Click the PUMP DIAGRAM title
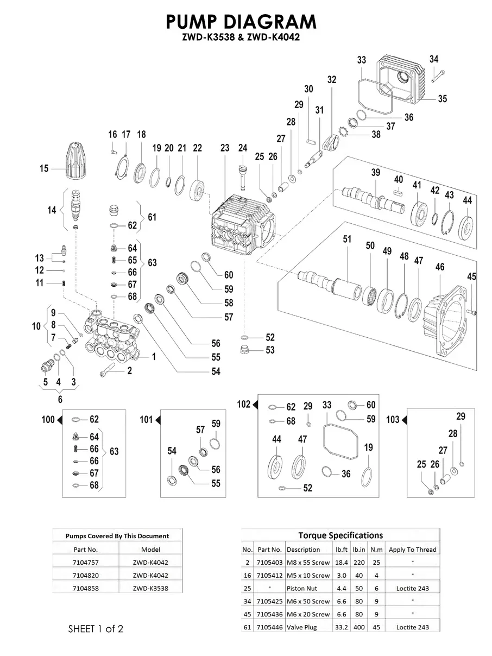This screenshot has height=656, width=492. pyautogui.click(x=241, y=22)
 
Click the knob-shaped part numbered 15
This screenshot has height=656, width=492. pyautogui.click(x=72, y=161)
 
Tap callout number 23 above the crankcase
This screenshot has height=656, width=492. pyautogui.click(x=225, y=148)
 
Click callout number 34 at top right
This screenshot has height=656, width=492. pyautogui.click(x=434, y=59)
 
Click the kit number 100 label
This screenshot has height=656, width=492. pyautogui.click(x=48, y=420)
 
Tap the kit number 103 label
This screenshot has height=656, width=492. pyautogui.click(x=393, y=420)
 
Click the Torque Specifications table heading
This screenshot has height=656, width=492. pyautogui.click(x=340, y=535)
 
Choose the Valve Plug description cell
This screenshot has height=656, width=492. pyautogui.click(x=303, y=627)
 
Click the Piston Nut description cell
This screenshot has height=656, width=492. pyautogui.click(x=302, y=588)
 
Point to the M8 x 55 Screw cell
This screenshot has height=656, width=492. pyautogui.click(x=308, y=562)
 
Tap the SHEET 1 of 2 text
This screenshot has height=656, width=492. pyautogui.click(x=96, y=629)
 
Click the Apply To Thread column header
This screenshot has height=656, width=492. pyautogui.click(x=412, y=549)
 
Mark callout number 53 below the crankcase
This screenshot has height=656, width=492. pyautogui.click(x=270, y=351)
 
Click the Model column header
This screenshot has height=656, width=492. pyautogui.click(x=150, y=549)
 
